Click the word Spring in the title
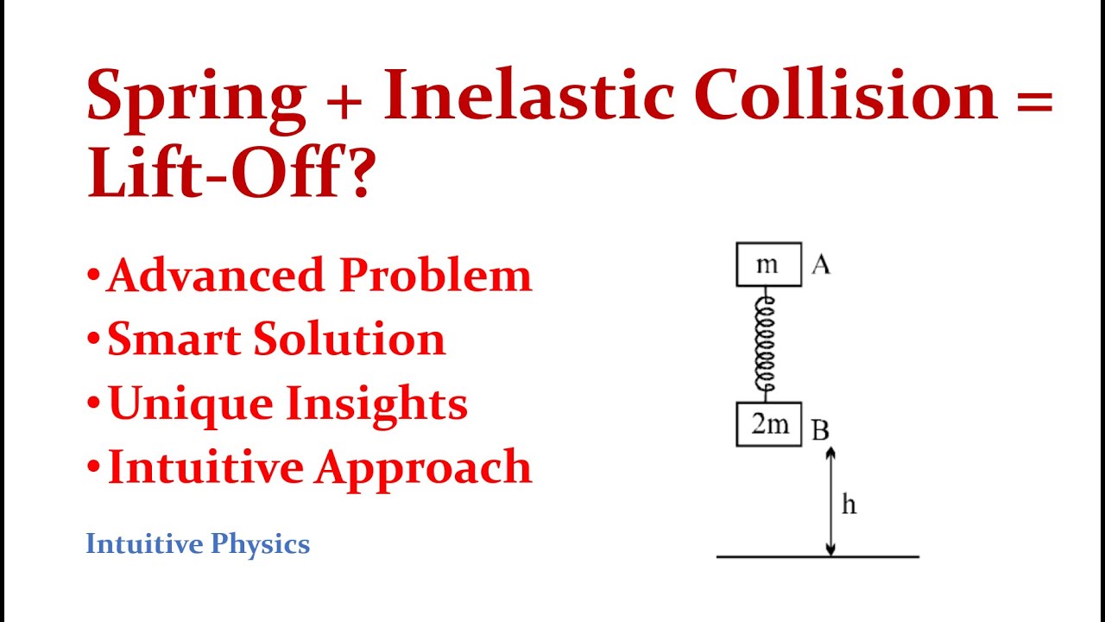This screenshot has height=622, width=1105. pos(196,97)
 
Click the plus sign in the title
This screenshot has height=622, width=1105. pos(344,98)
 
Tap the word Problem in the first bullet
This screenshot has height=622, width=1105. pos(435,276)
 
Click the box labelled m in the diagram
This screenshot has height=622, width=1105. pos(768,264)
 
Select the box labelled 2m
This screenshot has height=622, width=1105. pos(768,424)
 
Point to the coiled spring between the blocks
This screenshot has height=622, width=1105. pos(766,344)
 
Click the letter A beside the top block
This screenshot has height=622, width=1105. pos(820,265)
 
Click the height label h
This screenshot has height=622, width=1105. pos(849,505)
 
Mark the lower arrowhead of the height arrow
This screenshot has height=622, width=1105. pos(830,549)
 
